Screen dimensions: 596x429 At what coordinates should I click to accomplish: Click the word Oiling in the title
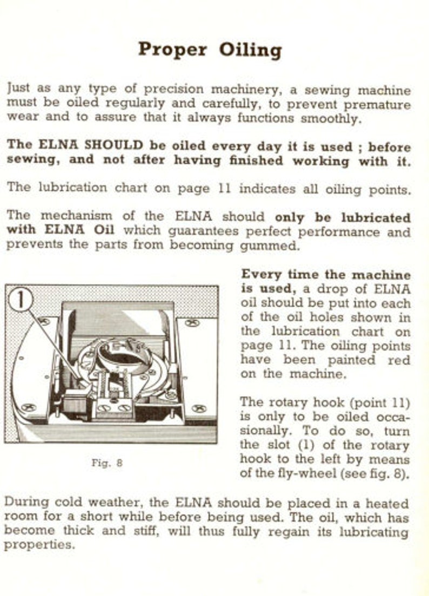coord(250,50)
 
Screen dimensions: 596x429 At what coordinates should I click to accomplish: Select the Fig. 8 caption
coord(106,462)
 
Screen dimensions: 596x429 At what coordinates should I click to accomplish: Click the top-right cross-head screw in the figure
coord(192,323)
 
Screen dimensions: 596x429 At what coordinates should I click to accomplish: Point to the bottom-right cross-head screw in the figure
coord(199,408)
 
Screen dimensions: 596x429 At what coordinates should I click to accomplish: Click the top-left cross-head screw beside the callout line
coord(45,321)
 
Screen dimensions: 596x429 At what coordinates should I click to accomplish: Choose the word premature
coord(377,104)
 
